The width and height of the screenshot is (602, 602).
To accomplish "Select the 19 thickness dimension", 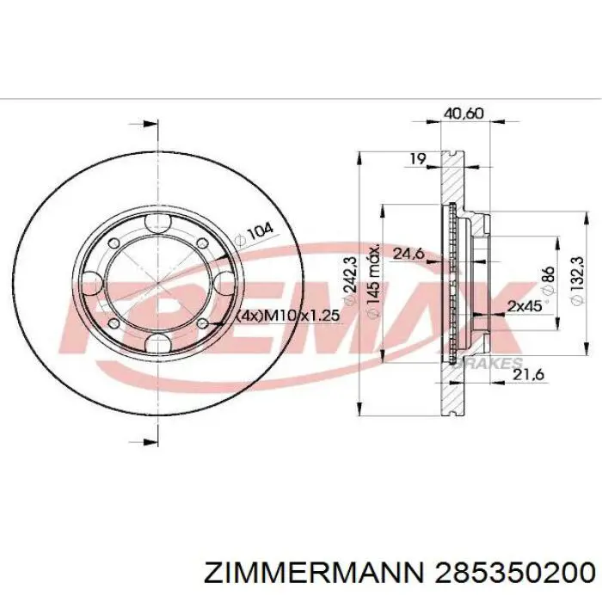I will (x=418, y=157).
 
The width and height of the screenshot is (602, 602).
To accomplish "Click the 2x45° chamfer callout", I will (x=525, y=306).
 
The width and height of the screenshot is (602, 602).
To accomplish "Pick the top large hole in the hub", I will (x=158, y=224).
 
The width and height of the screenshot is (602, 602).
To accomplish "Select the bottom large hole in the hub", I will (x=158, y=345).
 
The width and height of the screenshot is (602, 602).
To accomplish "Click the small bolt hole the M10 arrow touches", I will (x=202, y=323).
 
